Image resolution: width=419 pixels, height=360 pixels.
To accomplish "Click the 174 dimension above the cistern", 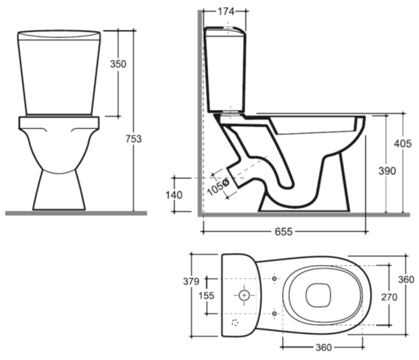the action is [x=226, y=12].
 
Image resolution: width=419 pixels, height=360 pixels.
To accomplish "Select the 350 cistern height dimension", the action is [x=118, y=64].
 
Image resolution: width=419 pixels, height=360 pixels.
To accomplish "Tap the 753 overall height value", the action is [x=134, y=139].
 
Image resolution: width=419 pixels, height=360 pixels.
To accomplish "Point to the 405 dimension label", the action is [x=403, y=144].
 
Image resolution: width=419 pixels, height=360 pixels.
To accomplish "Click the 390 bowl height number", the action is [x=387, y=171].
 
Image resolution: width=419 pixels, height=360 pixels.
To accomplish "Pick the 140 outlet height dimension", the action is [x=174, y=195].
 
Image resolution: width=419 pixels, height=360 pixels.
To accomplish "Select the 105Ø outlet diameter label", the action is [x=218, y=187].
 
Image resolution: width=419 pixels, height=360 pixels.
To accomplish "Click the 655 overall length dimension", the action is [x=284, y=231].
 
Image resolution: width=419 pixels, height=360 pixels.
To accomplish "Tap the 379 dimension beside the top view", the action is [x=191, y=281].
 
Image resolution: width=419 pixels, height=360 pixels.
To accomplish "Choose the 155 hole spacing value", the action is [x=207, y=295].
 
